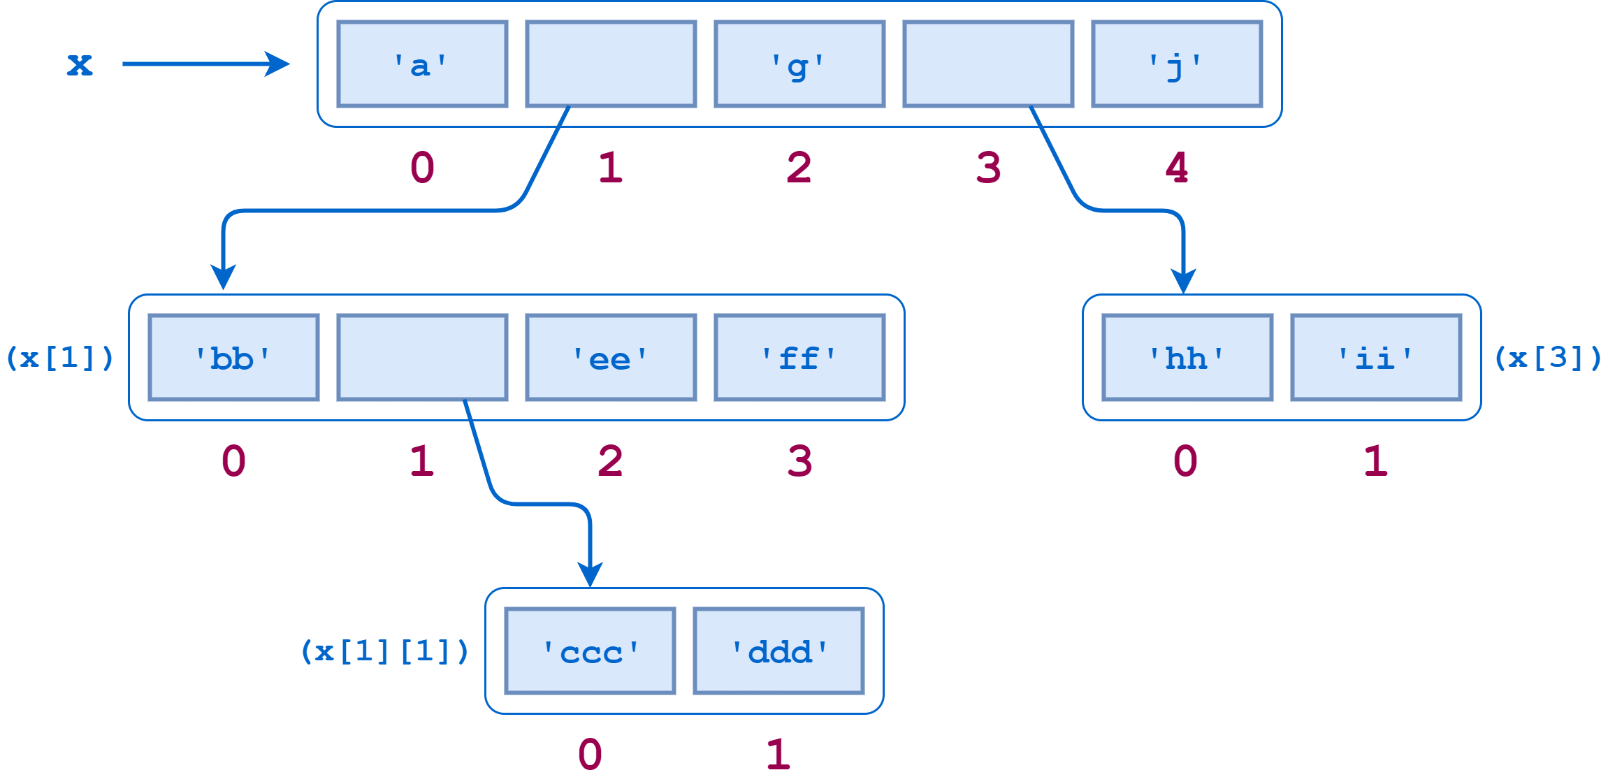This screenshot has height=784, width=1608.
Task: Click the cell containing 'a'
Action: point(422,64)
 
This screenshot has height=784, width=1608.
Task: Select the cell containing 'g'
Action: point(799,64)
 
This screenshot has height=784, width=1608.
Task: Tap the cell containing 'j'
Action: point(1177,64)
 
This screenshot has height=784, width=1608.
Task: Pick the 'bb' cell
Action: point(233,358)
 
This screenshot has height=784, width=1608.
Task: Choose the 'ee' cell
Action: point(611,358)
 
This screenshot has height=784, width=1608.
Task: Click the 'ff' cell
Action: point(799,358)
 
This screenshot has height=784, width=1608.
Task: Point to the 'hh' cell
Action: point(1187,358)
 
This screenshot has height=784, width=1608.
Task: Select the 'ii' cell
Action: point(1376,358)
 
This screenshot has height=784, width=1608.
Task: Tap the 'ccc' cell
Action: point(591,651)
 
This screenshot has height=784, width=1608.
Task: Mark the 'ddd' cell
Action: point(778,651)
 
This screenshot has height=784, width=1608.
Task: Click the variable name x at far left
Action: point(79,64)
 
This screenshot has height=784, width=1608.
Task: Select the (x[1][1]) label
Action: point(384,651)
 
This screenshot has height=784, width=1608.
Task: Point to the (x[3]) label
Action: point(1548,358)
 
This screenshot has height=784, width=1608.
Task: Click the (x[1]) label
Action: point(59,358)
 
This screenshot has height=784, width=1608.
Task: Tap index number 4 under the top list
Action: point(1177,168)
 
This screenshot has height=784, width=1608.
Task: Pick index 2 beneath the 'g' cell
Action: point(799,168)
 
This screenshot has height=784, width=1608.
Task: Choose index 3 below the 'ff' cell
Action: point(799,461)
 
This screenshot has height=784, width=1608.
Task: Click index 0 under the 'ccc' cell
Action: point(591,755)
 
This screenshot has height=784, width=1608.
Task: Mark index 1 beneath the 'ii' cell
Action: point(1376,461)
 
